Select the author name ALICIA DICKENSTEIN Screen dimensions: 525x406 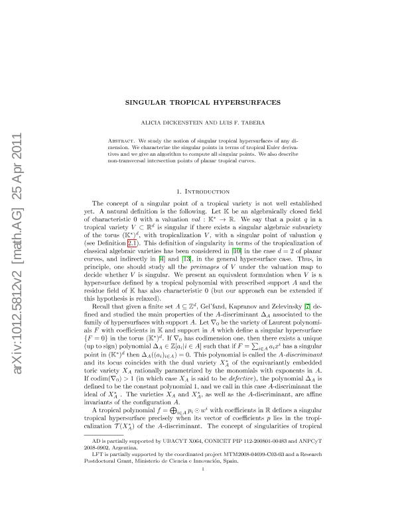click(185, 123)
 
